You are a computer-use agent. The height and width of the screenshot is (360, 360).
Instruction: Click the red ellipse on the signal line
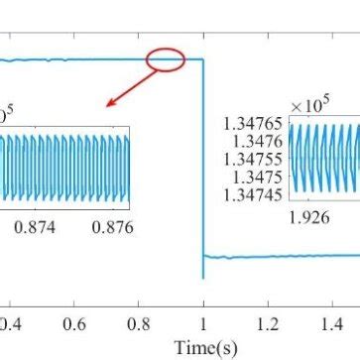pyautogui.click(x=166, y=60)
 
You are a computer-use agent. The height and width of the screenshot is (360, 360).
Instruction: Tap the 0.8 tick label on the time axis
pyautogui.click(x=139, y=324)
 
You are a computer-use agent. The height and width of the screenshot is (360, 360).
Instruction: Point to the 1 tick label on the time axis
pyautogui.click(x=203, y=324)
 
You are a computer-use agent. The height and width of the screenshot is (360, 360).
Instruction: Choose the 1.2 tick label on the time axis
pyautogui.click(x=268, y=324)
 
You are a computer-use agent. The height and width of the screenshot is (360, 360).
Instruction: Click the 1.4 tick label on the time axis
pyautogui.click(x=332, y=324)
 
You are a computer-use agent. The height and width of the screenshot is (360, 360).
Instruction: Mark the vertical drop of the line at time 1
pyautogui.click(x=203, y=159)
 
